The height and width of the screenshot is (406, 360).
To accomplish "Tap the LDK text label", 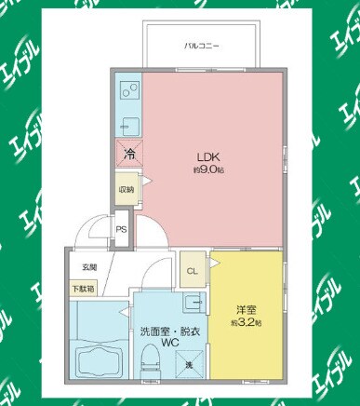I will (x=206, y=156).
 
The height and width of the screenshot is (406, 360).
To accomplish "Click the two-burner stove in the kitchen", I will (x=128, y=93).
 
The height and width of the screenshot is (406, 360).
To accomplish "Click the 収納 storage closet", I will (x=126, y=189).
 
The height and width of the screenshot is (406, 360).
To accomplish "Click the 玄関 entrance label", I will (x=87, y=267).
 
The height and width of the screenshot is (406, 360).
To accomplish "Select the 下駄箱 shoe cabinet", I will (x=84, y=288).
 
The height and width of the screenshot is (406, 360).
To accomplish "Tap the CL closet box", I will (x=193, y=272).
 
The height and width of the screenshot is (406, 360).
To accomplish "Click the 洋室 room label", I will (x=246, y=309).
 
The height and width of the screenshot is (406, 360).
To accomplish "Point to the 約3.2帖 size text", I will (x=246, y=322).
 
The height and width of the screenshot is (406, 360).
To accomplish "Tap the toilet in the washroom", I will (x=148, y=362).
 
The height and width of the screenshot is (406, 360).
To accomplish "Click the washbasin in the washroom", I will (x=193, y=303).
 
